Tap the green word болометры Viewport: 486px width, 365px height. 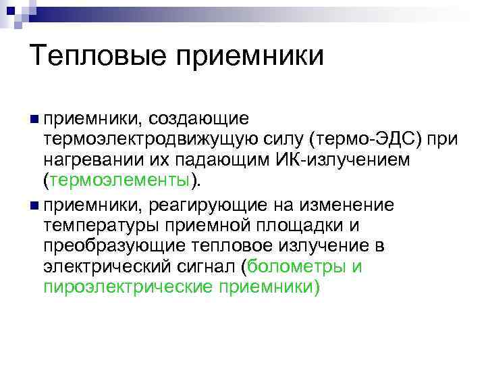click(x=297, y=266)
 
